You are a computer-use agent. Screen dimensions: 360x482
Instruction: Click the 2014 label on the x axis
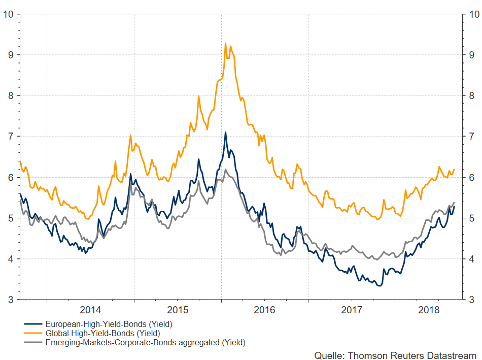click(91, 310)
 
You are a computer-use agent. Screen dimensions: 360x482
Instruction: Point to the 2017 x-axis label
click(352, 310)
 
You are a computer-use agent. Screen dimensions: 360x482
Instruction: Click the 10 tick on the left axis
click(8, 14)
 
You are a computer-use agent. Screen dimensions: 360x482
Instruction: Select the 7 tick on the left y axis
click(10, 136)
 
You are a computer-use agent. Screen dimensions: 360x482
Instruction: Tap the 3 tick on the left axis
click(10, 300)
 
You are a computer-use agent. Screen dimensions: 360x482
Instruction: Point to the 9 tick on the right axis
click(471, 55)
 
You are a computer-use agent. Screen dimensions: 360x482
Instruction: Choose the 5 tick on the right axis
click(471, 218)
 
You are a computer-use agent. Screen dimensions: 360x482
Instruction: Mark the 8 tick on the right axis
click(471, 95)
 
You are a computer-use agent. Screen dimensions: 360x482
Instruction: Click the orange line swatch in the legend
click(33, 334)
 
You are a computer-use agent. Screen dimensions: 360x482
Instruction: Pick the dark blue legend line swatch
click(33, 324)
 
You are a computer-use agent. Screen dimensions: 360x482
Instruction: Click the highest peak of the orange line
click(225, 43)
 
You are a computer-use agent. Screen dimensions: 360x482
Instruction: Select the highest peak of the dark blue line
click(225, 133)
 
